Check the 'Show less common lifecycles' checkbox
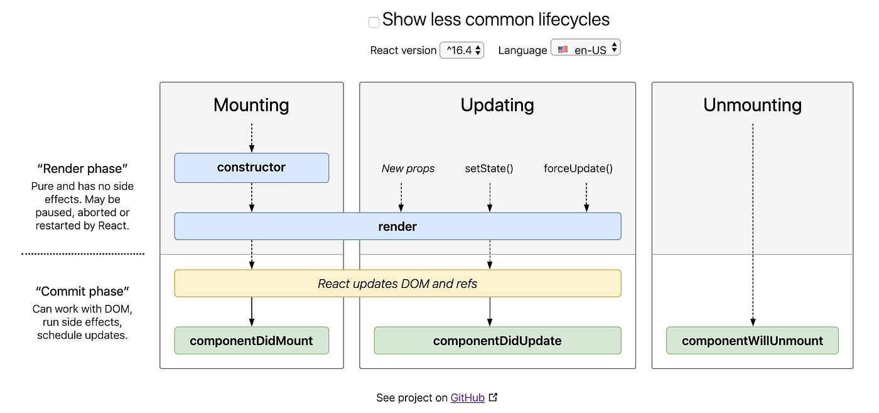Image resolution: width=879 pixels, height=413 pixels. tap(374, 22)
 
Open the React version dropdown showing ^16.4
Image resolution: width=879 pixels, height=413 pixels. tap(461, 50)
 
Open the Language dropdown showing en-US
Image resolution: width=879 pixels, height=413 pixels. tap(585, 48)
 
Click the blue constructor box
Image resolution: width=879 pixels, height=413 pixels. tap(251, 168)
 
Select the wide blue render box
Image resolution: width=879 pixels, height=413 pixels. tap(397, 226)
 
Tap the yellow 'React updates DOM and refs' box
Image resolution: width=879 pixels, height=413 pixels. tap(397, 284)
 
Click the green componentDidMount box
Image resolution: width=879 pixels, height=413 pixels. tap(251, 341)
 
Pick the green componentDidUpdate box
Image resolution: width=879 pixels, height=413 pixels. tap(497, 341)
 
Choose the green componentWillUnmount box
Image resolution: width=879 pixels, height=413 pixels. tap(752, 341)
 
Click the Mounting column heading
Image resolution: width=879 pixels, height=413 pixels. tap(251, 105)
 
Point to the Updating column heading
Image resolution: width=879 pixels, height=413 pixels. tap(497, 105)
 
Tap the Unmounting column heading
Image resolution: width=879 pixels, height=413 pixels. tap(752, 105)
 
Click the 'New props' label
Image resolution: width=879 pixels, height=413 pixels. tap(408, 168)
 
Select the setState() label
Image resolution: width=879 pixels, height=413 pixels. tap(489, 168)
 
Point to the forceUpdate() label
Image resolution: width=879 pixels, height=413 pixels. tap(578, 168)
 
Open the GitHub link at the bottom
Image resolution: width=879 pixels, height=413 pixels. tap(468, 398)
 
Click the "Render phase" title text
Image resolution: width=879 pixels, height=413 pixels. tap(82, 168)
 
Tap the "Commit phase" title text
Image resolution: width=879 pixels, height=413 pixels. tap(82, 292)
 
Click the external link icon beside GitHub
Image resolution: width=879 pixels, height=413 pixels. tap(493, 397)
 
